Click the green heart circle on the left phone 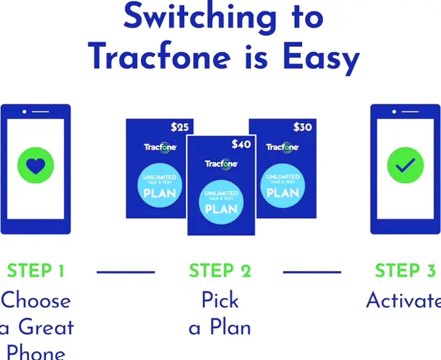point(36,165)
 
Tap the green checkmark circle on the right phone point(405,165)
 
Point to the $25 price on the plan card point(180,127)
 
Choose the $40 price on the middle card point(241,144)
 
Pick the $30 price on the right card point(302,127)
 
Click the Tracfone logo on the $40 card point(221,165)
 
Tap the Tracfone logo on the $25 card point(158,147)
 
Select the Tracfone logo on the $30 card point(283,147)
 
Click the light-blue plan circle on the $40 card point(221,202)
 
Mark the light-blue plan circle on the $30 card point(283,185)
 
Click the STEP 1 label point(36,271)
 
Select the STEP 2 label point(220,271)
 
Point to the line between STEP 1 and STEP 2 point(126,272)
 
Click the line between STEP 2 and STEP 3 point(312,272)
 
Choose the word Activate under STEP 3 point(403,300)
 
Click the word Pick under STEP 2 point(220,300)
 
